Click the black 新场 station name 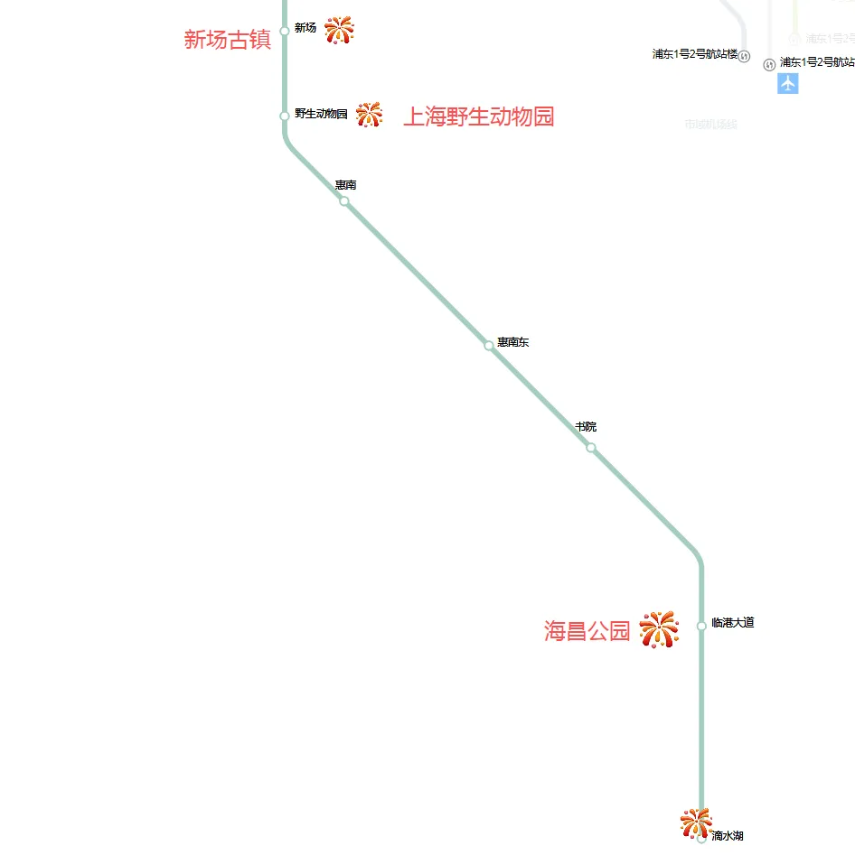click(x=305, y=28)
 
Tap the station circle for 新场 click(x=285, y=31)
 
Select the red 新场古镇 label click(x=228, y=40)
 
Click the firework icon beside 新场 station click(x=339, y=30)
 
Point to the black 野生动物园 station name click(x=321, y=114)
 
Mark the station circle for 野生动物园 click(x=285, y=116)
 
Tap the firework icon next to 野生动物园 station click(x=369, y=115)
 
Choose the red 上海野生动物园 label click(x=478, y=117)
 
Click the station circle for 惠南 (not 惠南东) click(x=344, y=200)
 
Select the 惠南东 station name click(x=512, y=343)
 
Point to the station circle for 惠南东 click(x=489, y=345)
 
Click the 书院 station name click(x=586, y=426)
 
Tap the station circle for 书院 click(x=591, y=448)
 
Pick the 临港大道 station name click(x=732, y=623)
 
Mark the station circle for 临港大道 click(x=701, y=626)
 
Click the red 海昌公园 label click(x=587, y=631)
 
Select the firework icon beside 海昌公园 click(x=659, y=629)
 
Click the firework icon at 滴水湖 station click(x=696, y=822)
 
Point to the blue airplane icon click(x=788, y=84)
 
